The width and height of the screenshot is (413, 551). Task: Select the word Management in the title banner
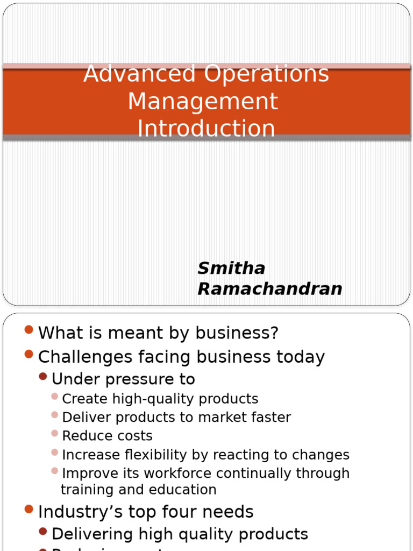pyautogui.click(x=203, y=101)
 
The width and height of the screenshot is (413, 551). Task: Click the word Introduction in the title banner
pyautogui.click(x=206, y=129)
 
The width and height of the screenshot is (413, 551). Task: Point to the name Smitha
pyautogui.click(x=231, y=268)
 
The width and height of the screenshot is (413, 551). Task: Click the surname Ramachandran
pyautogui.click(x=270, y=289)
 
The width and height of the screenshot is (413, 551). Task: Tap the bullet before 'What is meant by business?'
pyautogui.click(x=29, y=329)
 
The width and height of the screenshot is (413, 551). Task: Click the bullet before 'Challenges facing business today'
pyautogui.click(x=29, y=354)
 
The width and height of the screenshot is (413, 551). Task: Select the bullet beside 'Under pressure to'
pyautogui.click(x=43, y=376)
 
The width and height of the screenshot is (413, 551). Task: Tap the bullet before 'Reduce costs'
pyautogui.click(x=54, y=433)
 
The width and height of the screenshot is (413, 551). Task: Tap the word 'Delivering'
pyautogui.click(x=92, y=534)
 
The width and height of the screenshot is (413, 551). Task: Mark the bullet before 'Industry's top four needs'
pyautogui.click(x=29, y=508)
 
